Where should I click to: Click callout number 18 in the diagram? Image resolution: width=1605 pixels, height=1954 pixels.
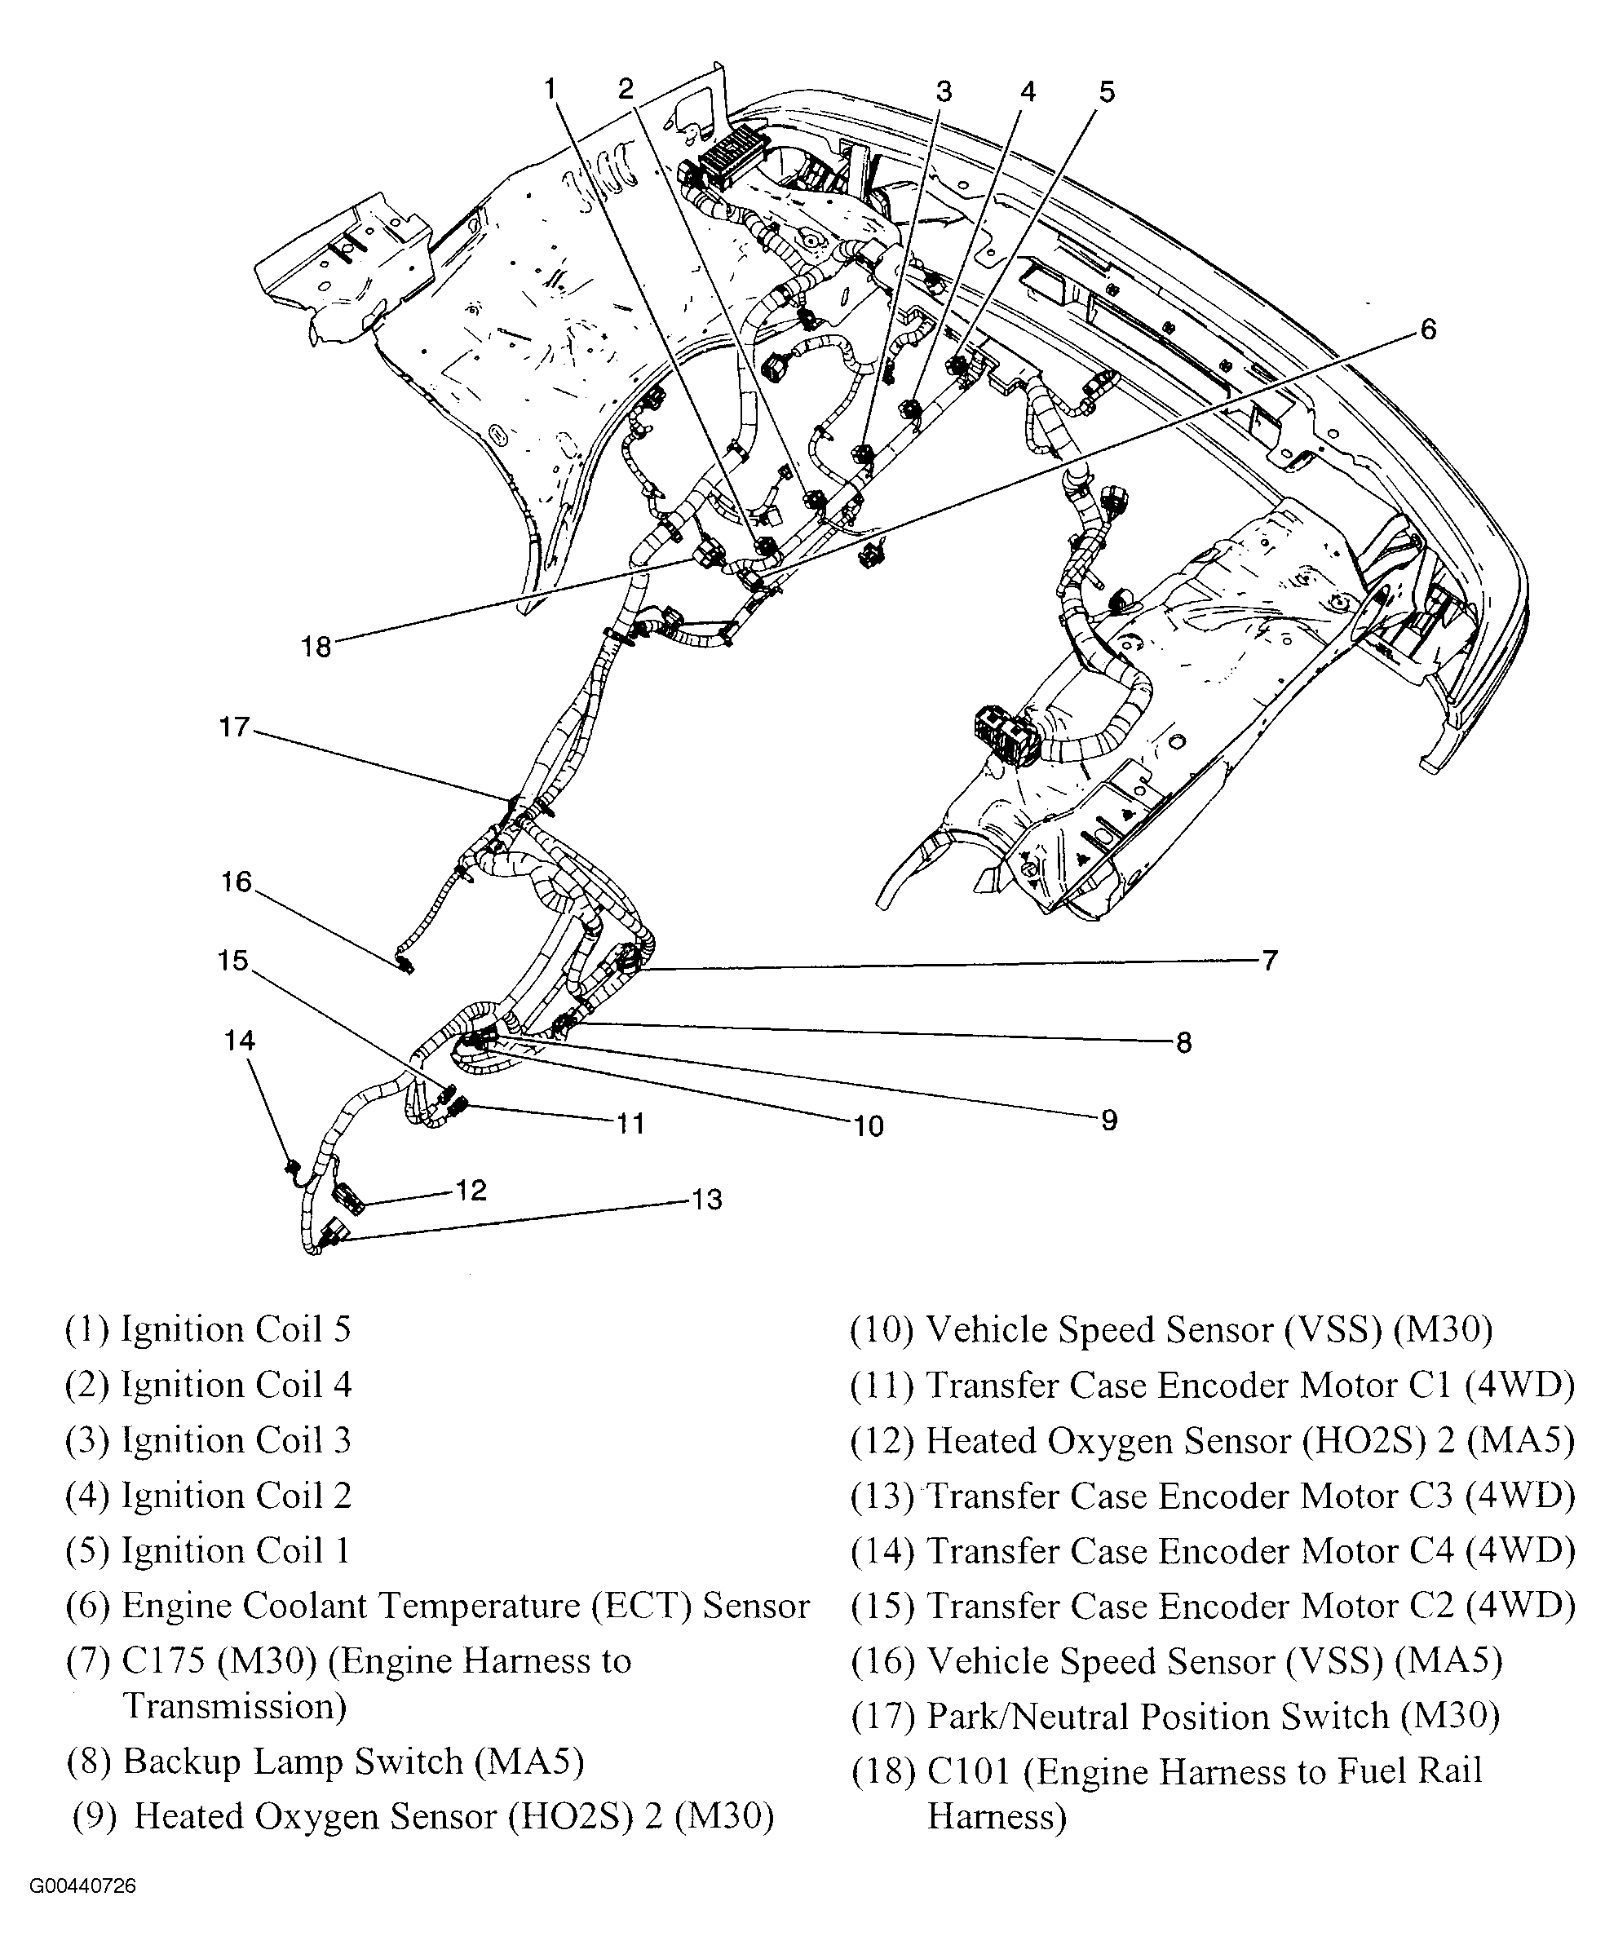click(316, 646)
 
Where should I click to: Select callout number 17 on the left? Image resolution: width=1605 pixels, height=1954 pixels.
click(235, 727)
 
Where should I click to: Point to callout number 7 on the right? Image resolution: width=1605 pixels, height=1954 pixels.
click(1269, 961)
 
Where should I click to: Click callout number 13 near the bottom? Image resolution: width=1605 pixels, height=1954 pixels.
click(706, 1200)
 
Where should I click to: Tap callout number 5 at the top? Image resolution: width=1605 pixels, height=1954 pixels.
click(1107, 91)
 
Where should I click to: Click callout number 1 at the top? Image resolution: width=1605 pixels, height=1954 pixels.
click(551, 90)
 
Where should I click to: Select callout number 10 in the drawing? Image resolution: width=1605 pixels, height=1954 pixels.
click(868, 1125)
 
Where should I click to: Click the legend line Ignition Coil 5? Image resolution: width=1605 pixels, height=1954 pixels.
click(208, 1329)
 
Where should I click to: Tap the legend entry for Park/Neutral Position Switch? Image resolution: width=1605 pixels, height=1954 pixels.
click(1174, 1717)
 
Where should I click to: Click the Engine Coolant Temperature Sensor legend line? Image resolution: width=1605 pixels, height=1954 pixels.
click(436, 1606)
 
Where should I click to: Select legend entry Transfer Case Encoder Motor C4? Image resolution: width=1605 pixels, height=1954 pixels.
click(1212, 1550)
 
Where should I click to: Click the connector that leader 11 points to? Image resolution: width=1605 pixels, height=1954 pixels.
click(456, 1103)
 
